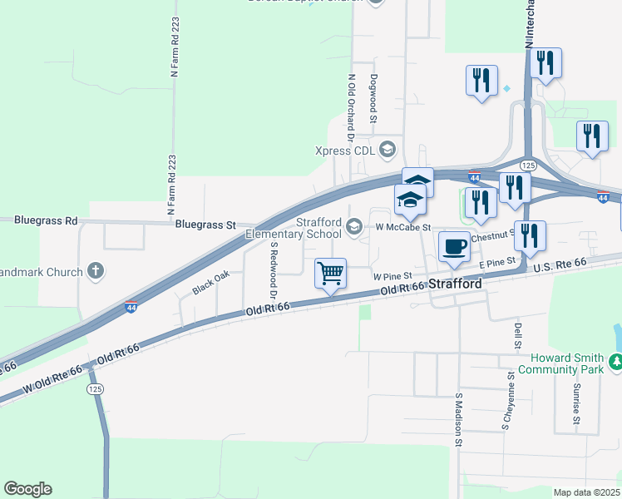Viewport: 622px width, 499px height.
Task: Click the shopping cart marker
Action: [330, 273]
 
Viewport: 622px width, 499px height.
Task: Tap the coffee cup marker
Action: [454, 246]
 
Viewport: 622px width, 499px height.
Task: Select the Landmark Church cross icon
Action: [96, 271]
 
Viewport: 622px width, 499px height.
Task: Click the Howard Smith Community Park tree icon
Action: [615, 362]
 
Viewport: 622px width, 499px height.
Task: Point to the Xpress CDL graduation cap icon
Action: [387, 150]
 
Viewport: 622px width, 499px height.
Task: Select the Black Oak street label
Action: [210, 283]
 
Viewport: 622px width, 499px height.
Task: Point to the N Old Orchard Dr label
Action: [352, 108]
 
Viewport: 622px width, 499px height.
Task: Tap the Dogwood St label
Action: [374, 99]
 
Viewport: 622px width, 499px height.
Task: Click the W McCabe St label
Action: [403, 227]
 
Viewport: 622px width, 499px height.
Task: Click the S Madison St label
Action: [458, 419]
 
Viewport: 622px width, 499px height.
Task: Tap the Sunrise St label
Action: [575, 403]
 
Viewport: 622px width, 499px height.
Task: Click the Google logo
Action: [27, 489]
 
